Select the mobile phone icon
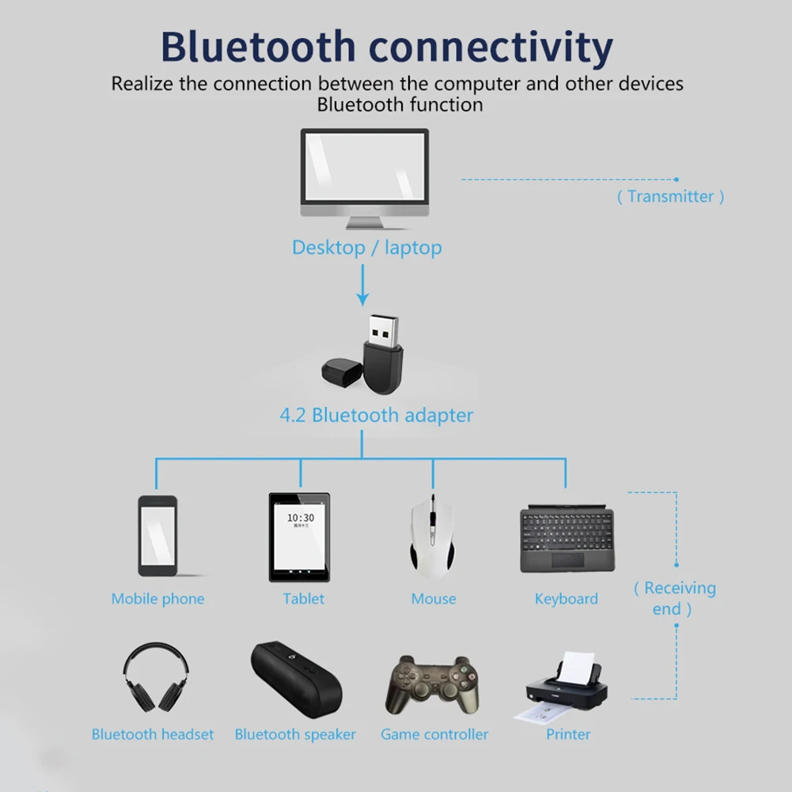coord(157,536)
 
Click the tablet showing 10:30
coord(300,537)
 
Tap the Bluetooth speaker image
coord(297,677)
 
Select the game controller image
coord(434,685)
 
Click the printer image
coord(563,685)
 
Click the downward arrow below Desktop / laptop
coord(362,286)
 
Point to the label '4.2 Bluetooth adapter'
coord(377,415)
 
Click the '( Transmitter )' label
coord(670,197)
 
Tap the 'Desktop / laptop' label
coord(366,248)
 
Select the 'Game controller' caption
coord(434,735)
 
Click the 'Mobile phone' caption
coord(157,599)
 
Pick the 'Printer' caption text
coord(568,735)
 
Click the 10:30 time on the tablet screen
coord(300,518)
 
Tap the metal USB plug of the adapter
coord(383,329)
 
